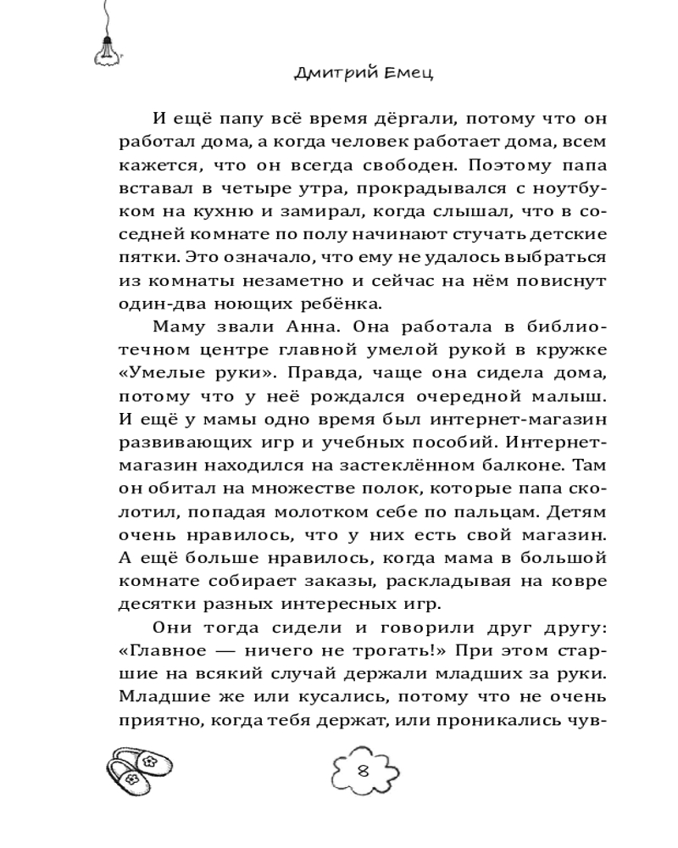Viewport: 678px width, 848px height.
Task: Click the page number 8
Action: tap(363, 771)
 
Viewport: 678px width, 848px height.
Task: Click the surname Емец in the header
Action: tap(406, 74)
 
